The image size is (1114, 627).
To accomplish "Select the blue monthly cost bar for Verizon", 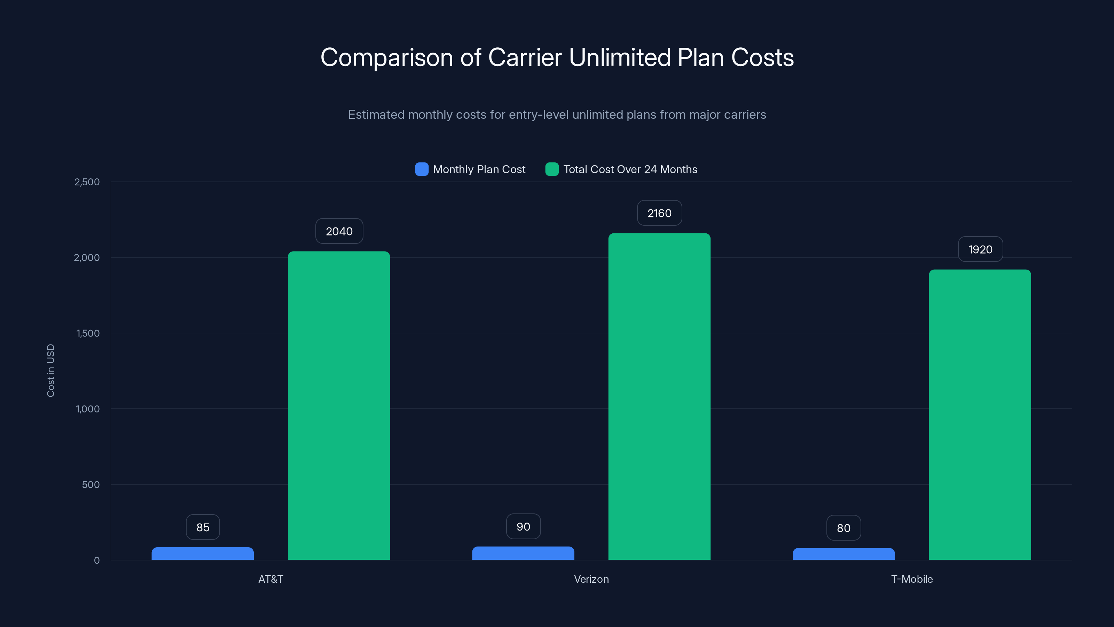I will click(x=523, y=553).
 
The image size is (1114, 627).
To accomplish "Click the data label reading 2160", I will click(x=659, y=213).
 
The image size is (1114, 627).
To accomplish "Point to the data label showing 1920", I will click(x=980, y=249).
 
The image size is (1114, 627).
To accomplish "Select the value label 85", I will click(x=203, y=527).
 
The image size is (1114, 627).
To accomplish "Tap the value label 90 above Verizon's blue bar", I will click(x=523, y=527).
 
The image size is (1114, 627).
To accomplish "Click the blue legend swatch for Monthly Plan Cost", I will click(x=422, y=169).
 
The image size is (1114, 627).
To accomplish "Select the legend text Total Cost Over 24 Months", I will click(x=630, y=169).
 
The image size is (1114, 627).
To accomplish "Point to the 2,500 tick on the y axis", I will click(x=87, y=182).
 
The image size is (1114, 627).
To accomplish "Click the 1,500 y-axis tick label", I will click(x=88, y=333).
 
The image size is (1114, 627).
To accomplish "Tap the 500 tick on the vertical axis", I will click(x=91, y=485).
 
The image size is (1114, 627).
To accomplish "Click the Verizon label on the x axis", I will click(x=591, y=579).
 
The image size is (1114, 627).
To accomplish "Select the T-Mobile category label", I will click(x=912, y=579).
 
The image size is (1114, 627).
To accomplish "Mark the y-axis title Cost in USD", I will click(x=50, y=370).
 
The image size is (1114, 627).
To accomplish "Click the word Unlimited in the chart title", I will click(x=619, y=57).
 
